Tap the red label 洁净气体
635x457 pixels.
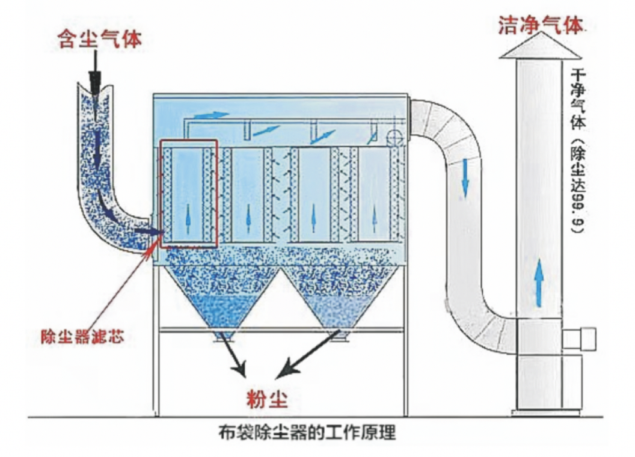coord(541,25)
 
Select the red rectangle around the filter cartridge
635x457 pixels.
coord(188,193)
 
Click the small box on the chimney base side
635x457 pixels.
coord(579,338)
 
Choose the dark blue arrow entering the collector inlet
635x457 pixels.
coord(148,230)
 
